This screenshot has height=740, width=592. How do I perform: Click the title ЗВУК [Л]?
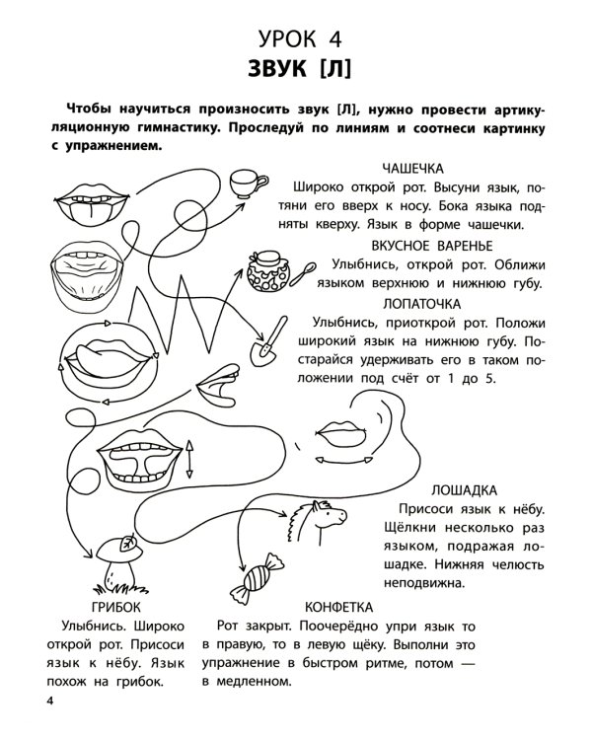[295, 72]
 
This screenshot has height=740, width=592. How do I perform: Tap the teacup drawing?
[247, 183]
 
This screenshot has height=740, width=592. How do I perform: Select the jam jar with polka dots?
[267, 270]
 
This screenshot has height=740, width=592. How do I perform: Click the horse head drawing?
[321, 517]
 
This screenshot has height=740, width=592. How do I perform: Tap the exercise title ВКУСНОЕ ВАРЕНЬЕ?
[432, 246]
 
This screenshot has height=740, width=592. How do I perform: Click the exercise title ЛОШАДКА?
[465, 490]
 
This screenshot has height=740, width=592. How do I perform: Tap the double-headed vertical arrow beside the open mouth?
[189, 461]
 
